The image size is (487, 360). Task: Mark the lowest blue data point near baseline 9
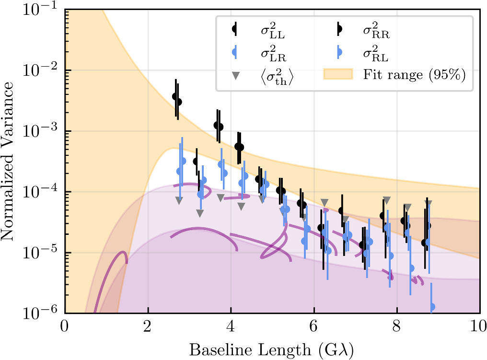point(432,306)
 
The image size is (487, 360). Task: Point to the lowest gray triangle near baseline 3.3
point(200,213)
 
